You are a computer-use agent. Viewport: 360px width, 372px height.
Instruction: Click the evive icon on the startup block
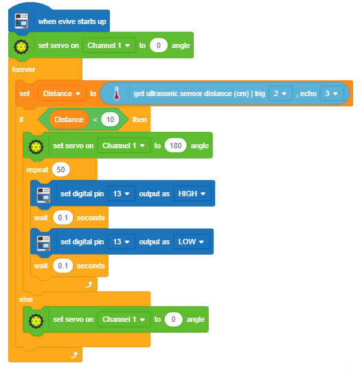click(21, 21)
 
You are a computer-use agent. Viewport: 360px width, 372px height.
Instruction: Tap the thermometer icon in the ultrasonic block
click(116, 93)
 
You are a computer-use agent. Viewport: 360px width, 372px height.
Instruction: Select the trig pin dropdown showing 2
click(280, 93)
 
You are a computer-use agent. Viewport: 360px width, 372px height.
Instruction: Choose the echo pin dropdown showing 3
click(332, 93)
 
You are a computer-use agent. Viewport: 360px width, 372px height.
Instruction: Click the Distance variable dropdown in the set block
click(62, 93)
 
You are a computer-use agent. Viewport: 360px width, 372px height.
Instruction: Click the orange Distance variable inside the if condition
click(69, 119)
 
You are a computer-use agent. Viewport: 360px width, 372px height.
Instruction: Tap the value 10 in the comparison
click(110, 119)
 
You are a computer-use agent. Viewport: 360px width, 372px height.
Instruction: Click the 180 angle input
click(175, 146)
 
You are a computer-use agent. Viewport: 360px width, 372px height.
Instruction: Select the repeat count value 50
click(60, 170)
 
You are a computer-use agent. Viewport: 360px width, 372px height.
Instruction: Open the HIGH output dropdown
click(192, 194)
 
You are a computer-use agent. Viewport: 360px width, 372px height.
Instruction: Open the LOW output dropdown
click(192, 242)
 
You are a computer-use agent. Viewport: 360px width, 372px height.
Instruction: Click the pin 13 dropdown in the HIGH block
click(122, 194)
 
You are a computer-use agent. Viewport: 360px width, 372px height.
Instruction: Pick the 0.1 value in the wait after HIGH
click(63, 218)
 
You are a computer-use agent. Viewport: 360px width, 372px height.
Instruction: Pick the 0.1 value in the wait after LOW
click(63, 266)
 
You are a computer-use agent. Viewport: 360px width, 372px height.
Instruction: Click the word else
click(26, 299)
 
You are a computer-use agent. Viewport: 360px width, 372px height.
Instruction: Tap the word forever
click(23, 69)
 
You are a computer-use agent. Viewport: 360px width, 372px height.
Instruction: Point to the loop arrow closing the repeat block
click(89, 284)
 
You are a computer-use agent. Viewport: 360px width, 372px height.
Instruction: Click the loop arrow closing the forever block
click(74, 355)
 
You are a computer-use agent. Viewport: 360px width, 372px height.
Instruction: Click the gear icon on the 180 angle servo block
click(36, 147)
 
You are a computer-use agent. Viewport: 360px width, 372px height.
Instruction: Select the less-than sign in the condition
click(95, 119)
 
